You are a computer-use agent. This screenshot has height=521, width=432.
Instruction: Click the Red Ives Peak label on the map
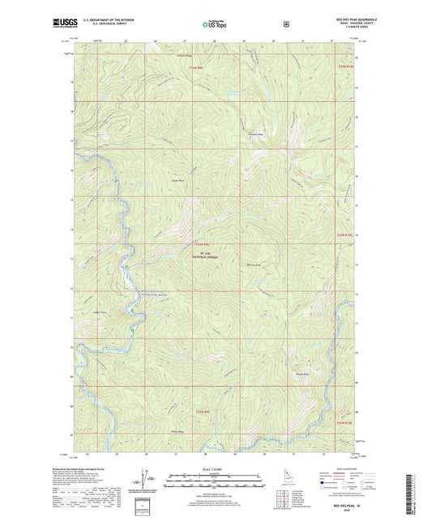tap(254, 264)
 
